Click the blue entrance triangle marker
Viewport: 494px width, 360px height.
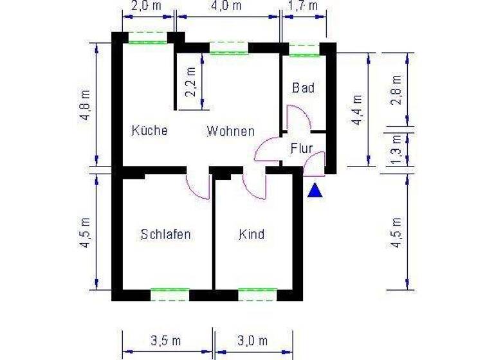pyautogui.click(x=315, y=191)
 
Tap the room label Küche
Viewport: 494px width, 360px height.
pyautogui.click(x=150, y=130)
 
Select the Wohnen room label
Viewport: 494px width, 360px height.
pyautogui.click(x=230, y=131)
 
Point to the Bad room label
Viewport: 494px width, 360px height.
pyautogui.click(x=303, y=87)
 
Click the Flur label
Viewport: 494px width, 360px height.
pyautogui.click(x=301, y=148)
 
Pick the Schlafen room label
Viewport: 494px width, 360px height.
pyautogui.click(x=165, y=234)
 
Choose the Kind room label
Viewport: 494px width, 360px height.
pyautogui.click(x=252, y=234)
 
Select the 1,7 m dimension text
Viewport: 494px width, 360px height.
pyautogui.click(x=304, y=6)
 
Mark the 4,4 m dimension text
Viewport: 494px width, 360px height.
pyautogui.click(x=358, y=109)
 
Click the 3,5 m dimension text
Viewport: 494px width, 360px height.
pyautogui.click(x=165, y=341)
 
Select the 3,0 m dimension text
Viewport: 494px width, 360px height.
pyautogui.click(x=252, y=341)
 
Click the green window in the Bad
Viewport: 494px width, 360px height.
pyautogui.click(x=304, y=51)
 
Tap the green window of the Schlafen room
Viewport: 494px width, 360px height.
pyautogui.click(x=170, y=294)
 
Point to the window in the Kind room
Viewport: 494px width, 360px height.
pyautogui.click(x=257, y=294)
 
